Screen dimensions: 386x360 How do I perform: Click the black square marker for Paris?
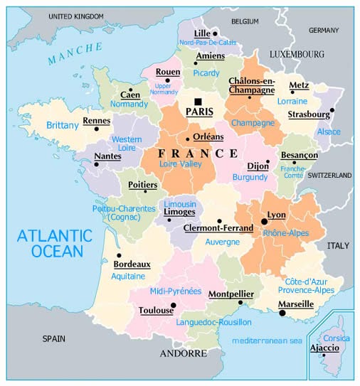point(198,101)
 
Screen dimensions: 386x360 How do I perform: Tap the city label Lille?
point(203,33)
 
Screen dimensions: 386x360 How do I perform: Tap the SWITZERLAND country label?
point(329,175)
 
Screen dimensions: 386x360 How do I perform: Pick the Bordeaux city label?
point(132,264)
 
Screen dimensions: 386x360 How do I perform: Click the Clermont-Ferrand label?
point(218,229)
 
